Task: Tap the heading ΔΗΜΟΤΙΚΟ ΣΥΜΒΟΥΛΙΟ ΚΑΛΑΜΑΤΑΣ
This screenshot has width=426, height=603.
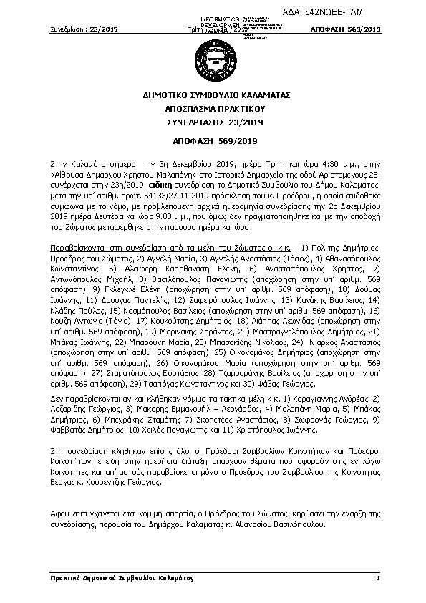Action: coord(213,95)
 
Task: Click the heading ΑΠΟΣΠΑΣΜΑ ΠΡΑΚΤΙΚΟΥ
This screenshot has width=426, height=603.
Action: coord(213,109)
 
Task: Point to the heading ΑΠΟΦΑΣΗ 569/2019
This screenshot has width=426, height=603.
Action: coord(213,141)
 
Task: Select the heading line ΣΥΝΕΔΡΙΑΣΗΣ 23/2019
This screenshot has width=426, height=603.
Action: coord(213,122)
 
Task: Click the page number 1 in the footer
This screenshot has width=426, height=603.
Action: coord(377,577)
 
